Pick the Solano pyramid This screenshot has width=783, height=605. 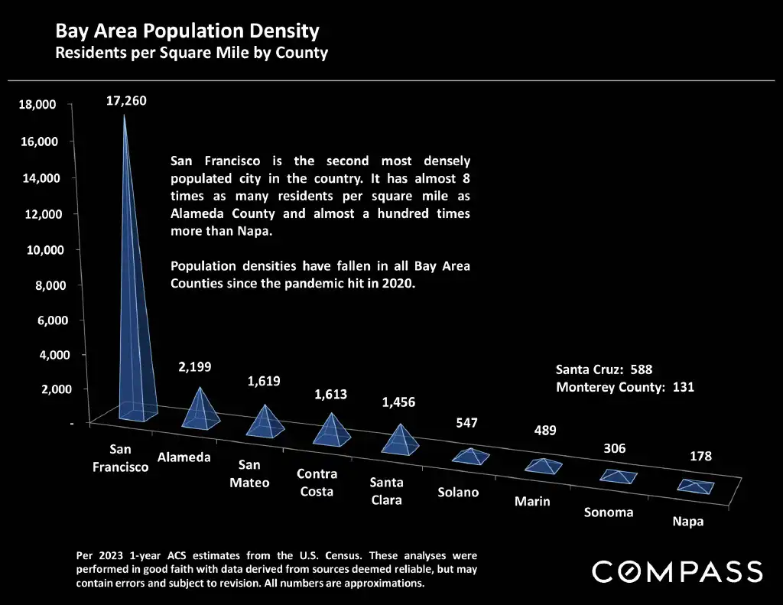click(470, 456)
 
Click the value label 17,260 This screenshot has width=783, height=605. click(125, 101)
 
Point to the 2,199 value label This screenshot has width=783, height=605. click(195, 367)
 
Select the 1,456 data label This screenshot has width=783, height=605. click(398, 402)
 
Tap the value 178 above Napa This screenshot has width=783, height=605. click(700, 457)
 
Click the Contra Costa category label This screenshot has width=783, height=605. click(317, 483)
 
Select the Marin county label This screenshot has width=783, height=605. click(532, 502)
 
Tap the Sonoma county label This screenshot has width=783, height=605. click(609, 512)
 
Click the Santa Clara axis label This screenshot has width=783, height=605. click(386, 491)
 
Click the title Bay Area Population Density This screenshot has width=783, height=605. click(187, 32)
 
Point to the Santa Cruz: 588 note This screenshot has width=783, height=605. click(604, 369)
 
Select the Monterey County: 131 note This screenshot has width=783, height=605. click(625, 387)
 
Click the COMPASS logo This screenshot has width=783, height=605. click(677, 571)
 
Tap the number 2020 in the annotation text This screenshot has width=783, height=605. click(397, 284)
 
